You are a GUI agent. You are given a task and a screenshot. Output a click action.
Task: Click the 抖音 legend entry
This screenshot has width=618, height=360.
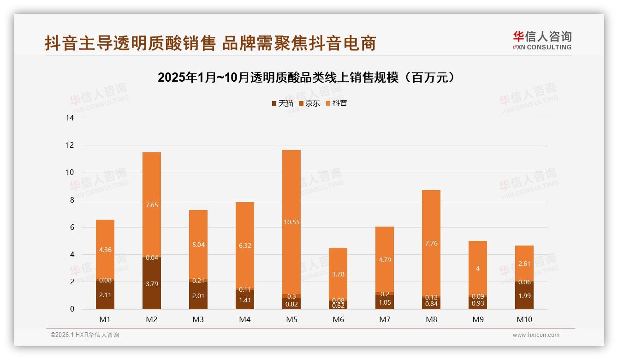pos(337,103)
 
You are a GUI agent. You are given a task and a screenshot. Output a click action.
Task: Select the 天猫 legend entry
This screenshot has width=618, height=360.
pos(283,103)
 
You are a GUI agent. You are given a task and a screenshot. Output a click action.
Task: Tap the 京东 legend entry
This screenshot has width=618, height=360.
pos(309,103)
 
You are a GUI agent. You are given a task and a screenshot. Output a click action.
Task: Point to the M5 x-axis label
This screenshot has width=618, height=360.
pos(291,319)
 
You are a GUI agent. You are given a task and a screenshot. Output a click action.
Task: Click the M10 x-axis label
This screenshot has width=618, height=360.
pos(524,319)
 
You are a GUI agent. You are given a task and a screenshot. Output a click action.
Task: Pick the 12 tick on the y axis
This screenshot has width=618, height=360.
pos(70,145)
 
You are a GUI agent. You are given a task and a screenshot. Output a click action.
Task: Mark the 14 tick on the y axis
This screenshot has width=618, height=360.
pos(70,118)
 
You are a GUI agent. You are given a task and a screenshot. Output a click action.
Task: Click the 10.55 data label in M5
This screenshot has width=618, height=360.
pos(291,222)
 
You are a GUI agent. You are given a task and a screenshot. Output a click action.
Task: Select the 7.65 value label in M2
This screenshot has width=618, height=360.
pos(152,205)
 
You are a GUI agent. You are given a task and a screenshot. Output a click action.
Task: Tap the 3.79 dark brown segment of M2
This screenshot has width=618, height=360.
pos(152,284)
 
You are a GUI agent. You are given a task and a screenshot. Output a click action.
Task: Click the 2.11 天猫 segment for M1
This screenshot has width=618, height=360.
pos(105,295)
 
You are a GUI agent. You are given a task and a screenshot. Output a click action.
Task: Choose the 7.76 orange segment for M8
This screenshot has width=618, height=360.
pos(431,243)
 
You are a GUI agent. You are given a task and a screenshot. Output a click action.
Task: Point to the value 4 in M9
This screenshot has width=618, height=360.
pos(478,268)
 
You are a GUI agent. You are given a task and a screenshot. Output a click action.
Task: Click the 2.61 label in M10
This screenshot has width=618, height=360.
pos(524,263)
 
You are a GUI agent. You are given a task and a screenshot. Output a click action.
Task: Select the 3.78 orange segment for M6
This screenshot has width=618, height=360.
pos(338,274)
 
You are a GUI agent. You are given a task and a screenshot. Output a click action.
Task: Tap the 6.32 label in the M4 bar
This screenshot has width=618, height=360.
pos(245,246)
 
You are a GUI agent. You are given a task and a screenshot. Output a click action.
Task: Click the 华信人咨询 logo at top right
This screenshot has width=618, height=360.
pos(542,40)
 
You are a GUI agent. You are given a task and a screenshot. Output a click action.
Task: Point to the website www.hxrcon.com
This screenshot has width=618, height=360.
pos(536,335)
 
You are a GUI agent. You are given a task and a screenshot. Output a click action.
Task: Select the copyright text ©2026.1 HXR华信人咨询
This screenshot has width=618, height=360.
pos(85,335)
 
